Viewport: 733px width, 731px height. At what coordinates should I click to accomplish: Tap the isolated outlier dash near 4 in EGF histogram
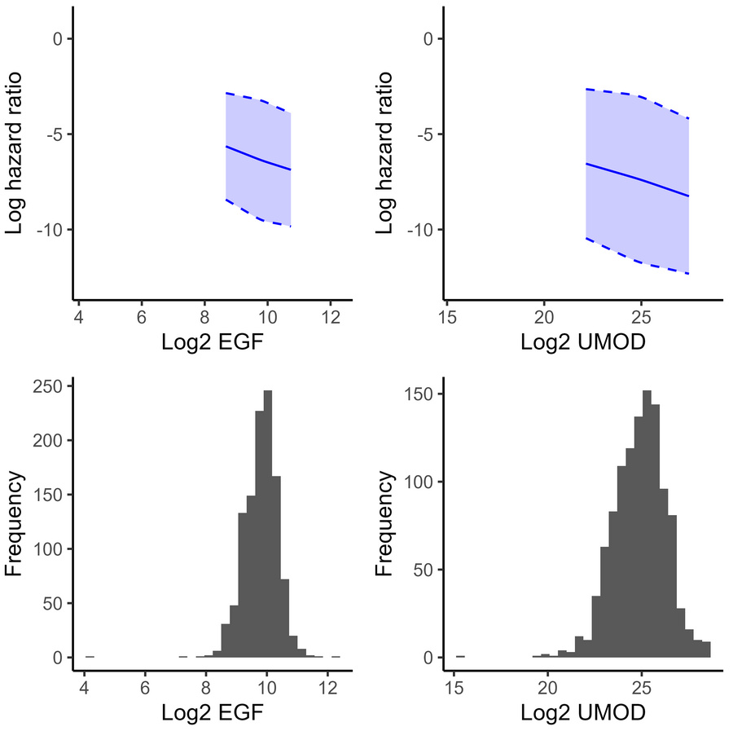(90, 656)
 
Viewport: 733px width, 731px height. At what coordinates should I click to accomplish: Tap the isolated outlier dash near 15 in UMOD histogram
(460, 656)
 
